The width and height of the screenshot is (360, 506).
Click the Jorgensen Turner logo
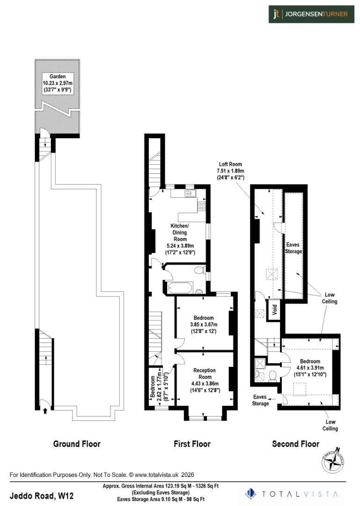(x=311, y=14)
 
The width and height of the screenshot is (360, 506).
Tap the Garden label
(x=59, y=83)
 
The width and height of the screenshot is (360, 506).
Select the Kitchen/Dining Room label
(x=180, y=239)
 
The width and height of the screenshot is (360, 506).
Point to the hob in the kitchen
(x=202, y=205)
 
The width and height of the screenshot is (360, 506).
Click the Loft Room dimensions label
(x=232, y=171)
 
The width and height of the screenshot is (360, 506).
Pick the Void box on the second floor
(x=274, y=310)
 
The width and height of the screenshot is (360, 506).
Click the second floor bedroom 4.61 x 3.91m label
(x=310, y=368)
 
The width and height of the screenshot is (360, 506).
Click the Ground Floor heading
(x=77, y=444)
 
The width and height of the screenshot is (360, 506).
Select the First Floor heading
(x=192, y=444)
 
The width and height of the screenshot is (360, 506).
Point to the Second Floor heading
(x=295, y=444)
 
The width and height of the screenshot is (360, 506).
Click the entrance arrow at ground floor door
(x=45, y=411)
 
